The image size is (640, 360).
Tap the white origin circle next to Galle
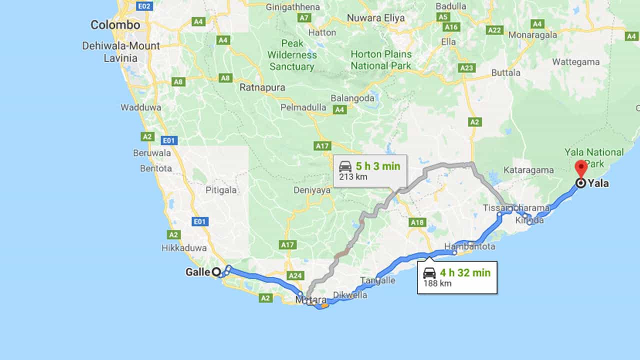point(216,272)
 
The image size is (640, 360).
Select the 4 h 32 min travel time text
point(465,273)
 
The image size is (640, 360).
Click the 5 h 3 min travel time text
point(377,166)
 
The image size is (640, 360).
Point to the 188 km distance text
point(437,283)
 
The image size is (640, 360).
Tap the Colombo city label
point(115,25)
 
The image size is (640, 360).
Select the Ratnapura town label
point(262,87)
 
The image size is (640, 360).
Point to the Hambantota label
point(470,246)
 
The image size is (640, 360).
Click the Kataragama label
point(528,170)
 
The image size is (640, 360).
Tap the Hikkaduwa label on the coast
point(184,248)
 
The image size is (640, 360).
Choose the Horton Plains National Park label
point(381,60)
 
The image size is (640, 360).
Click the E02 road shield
point(144,6)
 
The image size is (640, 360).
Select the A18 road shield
point(416,222)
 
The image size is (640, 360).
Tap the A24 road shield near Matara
point(296,275)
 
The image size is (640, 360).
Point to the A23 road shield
point(466,68)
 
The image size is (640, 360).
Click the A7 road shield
point(304,18)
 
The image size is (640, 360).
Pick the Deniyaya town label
point(312,190)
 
